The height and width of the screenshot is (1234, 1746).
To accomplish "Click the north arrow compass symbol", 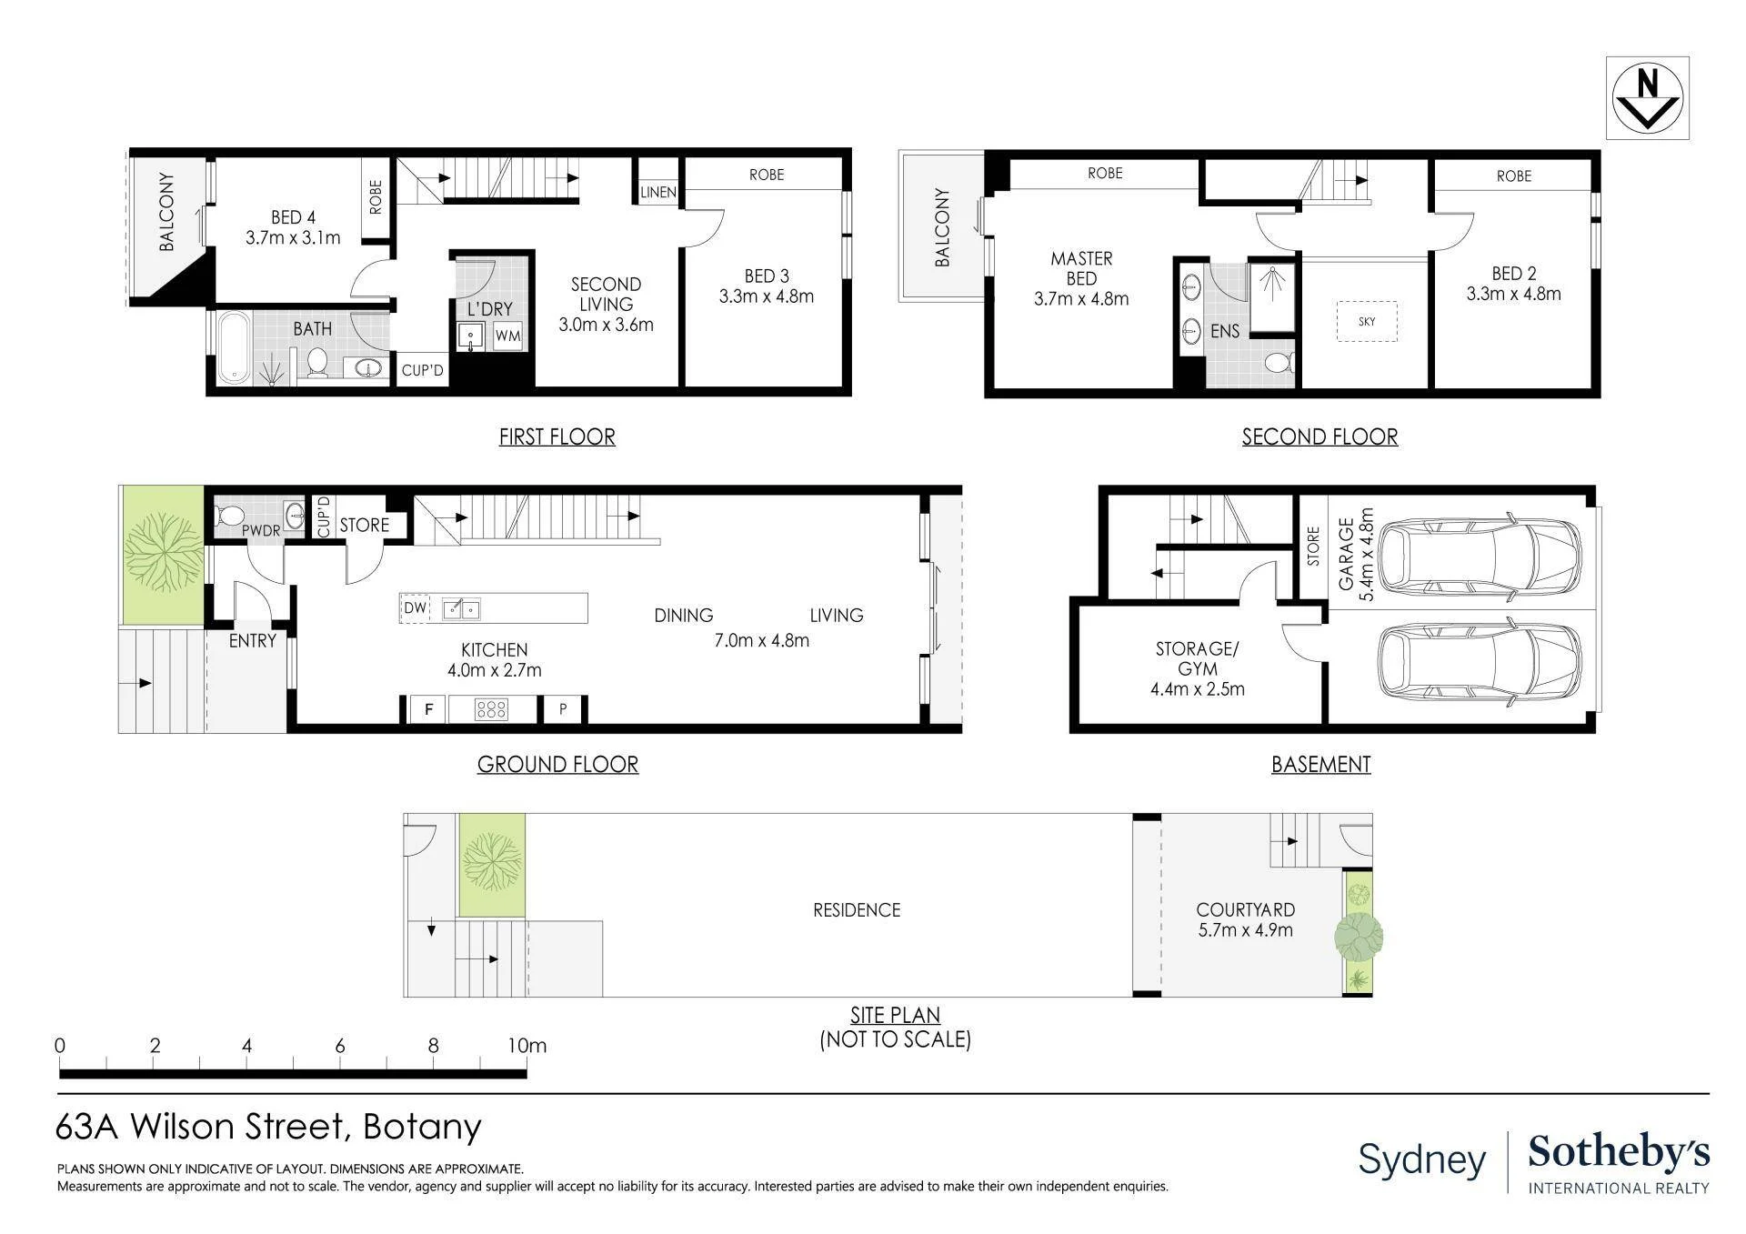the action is [x=1647, y=97].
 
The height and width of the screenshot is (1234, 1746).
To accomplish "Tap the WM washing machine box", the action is [x=507, y=336].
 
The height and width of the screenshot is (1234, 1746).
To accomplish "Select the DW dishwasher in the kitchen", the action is [x=415, y=607].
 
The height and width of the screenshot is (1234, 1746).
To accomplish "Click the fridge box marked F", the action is [x=428, y=709].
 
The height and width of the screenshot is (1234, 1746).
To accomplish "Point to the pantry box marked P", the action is [x=563, y=709].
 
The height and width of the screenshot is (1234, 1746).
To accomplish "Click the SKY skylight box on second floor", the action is [x=1367, y=321].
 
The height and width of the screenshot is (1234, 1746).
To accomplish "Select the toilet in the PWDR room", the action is [x=228, y=517].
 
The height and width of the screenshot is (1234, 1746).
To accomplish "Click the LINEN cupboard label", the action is [x=658, y=192].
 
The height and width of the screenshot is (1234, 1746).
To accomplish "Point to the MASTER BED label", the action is [x=1081, y=268].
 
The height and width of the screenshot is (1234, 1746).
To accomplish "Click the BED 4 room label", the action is [x=293, y=217].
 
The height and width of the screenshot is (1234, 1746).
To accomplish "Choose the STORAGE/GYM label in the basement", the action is [x=1197, y=658].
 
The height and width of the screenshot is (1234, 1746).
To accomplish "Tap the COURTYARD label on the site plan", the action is [x=1246, y=909].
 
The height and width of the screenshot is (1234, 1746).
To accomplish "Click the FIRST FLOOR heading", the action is [x=557, y=436].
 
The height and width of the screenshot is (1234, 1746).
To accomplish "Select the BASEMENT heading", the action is [x=1320, y=764].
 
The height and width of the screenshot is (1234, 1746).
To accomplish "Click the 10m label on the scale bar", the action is [x=527, y=1046].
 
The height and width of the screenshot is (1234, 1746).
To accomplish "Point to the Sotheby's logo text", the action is [x=1619, y=1152].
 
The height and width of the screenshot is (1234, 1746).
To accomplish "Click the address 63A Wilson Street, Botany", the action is [x=268, y=1127].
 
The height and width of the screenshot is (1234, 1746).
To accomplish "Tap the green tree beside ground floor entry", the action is [x=163, y=554].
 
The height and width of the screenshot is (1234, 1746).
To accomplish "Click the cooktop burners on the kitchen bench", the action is [x=491, y=709].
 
